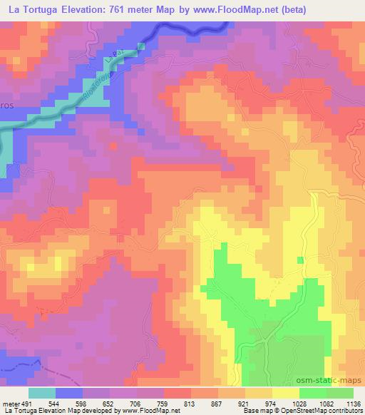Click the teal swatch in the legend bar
[42, 392]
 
